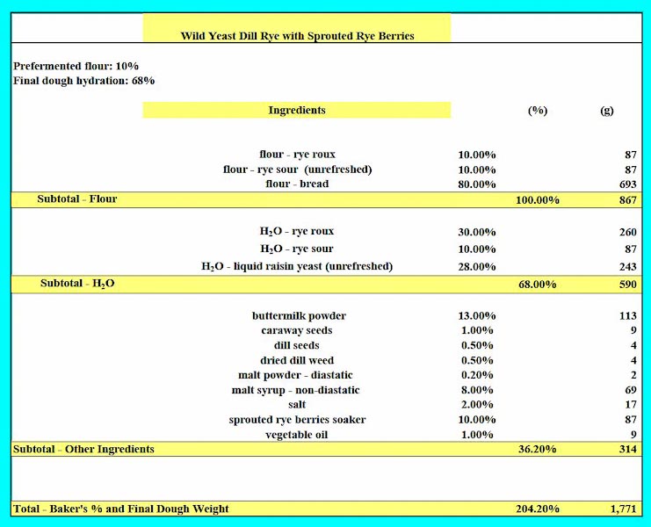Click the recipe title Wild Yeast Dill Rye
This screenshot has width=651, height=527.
click(x=297, y=36)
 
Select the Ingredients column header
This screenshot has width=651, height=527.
click(x=297, y=110)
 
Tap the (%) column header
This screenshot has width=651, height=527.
click(x=537, y=111)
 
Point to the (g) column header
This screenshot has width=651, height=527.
click(x=606, y=111)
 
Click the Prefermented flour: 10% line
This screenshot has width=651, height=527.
click(x=76, y=66)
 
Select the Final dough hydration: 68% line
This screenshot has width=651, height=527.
click(x=84, y=81)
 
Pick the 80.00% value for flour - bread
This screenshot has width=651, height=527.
click(x=477, y=184)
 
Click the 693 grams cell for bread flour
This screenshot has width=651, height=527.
click(x=626, y=184)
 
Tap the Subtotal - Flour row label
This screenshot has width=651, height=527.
click(x=77, y=199)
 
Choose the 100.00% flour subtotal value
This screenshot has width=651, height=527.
click(x=537, y=200)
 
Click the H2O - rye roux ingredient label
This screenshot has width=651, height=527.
click(x=297, y=232)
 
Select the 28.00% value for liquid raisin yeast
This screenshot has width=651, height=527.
click(x=477, y=266)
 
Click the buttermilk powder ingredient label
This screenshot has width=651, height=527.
click(x=299, y=316)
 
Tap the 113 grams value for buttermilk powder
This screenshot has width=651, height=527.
click(x=626, y=316)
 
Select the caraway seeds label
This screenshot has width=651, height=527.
click(x=297, y=331)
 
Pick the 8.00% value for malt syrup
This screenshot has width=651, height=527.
click(x=477, y=390)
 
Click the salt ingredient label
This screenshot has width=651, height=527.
click(x=297, y=405)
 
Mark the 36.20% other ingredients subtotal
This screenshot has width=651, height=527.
click(x=537, y=450)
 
